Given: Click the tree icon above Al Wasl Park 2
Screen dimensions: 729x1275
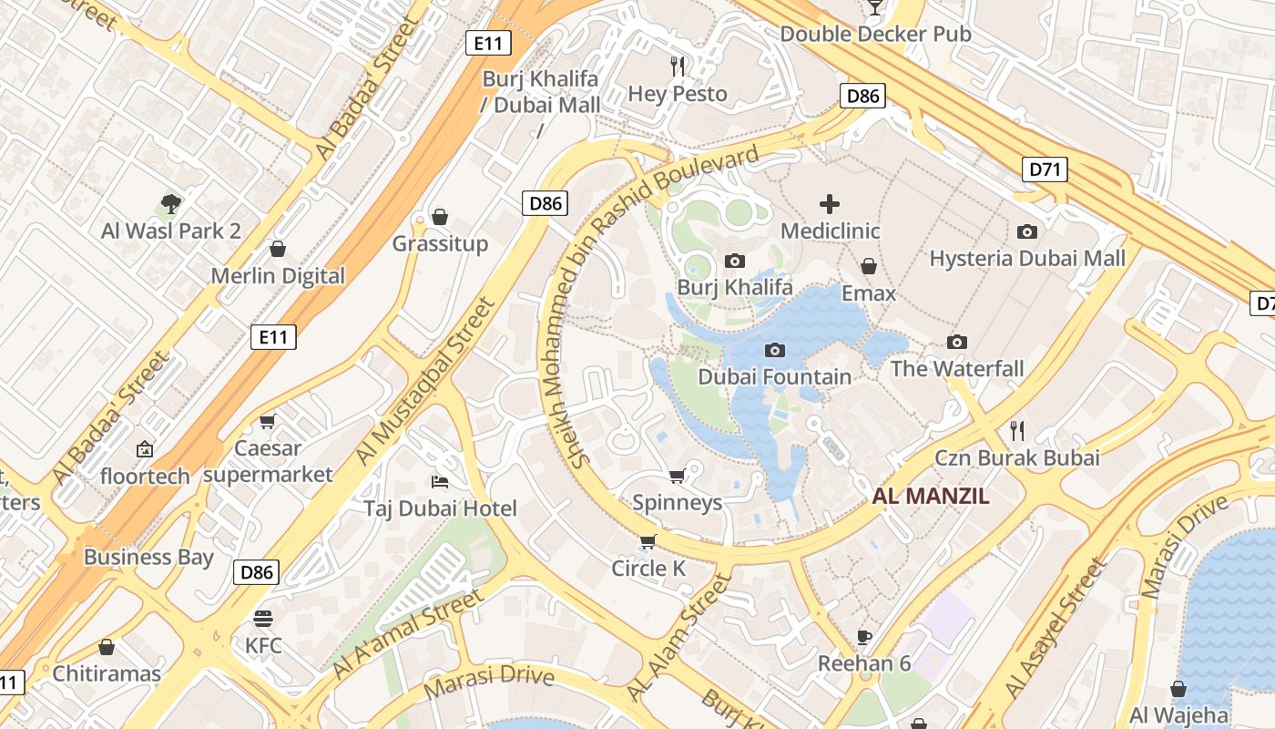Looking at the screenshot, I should [170, 203].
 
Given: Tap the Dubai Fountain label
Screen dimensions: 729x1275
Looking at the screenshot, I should [774, 376].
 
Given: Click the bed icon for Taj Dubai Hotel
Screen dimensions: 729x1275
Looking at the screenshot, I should [440, 481].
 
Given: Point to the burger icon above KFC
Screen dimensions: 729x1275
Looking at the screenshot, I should [263, 619].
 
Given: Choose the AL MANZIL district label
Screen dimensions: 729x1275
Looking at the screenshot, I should [930, 497].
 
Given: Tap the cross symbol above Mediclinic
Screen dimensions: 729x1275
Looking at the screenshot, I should [830, 203].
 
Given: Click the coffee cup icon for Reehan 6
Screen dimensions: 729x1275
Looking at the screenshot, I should [864, 636].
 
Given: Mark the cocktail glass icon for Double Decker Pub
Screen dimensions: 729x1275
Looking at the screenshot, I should [875, 7].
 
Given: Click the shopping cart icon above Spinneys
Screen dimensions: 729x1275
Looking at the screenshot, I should [677, 476].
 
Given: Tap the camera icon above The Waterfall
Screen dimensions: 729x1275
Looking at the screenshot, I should [956, 342].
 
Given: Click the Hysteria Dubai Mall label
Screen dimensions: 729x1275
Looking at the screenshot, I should [1026, 258].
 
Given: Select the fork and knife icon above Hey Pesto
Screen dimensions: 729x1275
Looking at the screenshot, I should [678, 66].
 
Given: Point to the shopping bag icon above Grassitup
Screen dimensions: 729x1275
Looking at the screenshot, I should [440, 216].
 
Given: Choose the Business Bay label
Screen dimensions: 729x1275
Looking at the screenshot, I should [148, 557].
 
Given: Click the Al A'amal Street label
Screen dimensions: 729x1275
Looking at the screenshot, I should [407, 635].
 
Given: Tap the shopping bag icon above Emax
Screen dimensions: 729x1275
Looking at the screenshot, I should [869, 266].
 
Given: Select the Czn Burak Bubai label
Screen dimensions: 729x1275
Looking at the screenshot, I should [1016, 457].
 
